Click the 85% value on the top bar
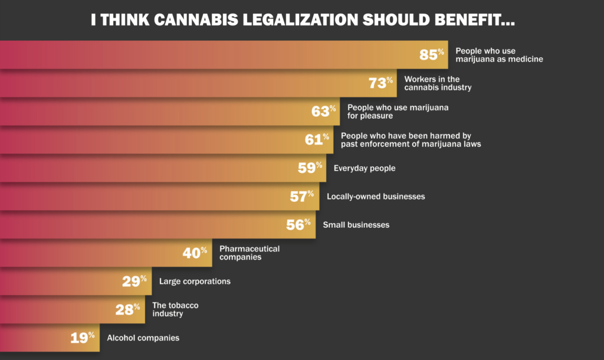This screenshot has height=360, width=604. pyautogui.click(x=431, y=55)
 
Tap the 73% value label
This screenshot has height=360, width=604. pyautogui.click(x=380, y=83)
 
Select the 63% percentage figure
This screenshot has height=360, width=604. pyautogui.click(x=324, y=112)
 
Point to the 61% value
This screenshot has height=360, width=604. pyautogui.click(x=317, y=140)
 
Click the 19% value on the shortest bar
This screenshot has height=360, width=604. pyautogui.click(x=83, y=338)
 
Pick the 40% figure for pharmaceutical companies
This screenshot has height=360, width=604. pyautogui.click(x=195, y=253)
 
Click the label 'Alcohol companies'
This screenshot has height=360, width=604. pyautogui.click(x=143, y=338)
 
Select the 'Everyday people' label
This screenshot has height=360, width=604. pyautogui.click(x=364, y=168)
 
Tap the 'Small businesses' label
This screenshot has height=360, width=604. pyautogui.click(x=356, y=225)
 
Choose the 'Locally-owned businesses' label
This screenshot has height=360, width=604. pyautogui.click(x=376, y=197)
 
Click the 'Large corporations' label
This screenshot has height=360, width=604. pyautogui.click(x=195, y=282)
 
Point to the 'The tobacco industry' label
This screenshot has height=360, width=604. pyautogui.click(x=175, y=309)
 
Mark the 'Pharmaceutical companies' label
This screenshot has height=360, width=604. pyautogui.click(x=249, y=253)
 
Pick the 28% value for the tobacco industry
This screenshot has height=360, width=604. pyautogui.click(x=127, y=310)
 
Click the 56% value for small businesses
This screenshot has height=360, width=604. pyautogui.click(x=298, y=225)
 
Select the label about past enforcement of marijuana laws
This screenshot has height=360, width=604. pyautogui.click(x=411, y=140)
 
